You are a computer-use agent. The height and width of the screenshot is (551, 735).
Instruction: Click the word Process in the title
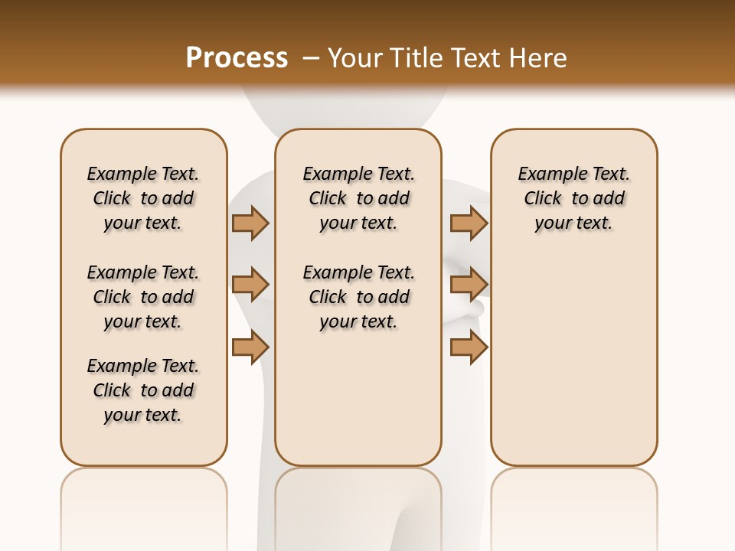[237, 58]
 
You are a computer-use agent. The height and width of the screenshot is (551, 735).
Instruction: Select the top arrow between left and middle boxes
[250, 223]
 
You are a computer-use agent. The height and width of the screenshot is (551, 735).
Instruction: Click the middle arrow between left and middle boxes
[250, 285]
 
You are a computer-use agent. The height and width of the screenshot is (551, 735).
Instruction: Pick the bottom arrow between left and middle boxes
[250, 347]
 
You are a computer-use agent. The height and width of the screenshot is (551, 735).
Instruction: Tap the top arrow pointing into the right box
[469, 223]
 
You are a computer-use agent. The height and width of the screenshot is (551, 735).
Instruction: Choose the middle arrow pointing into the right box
[469, 285]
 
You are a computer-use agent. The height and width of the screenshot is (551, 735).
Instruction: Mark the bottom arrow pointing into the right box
[469, 347]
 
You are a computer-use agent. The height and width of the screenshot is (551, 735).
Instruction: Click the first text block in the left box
[143, 198]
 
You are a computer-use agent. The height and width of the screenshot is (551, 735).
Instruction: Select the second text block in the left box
[143, 297]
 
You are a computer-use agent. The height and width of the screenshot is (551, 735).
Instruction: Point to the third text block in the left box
[143, 390]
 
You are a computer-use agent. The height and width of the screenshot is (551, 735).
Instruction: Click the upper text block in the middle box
[358, 198]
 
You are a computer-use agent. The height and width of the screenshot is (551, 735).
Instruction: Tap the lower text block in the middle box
[358, 297]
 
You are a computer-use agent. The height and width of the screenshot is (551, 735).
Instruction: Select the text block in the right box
[573, 198]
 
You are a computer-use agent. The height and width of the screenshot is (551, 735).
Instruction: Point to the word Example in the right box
[546, 174]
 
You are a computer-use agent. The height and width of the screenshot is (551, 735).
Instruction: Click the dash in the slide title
[311, 58]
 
